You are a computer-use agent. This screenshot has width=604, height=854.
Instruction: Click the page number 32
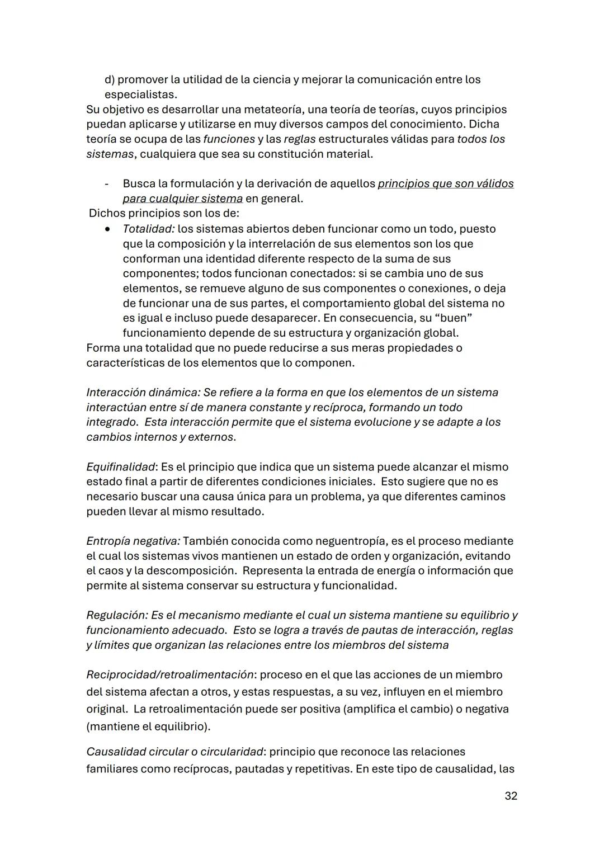click(x=511, y=795)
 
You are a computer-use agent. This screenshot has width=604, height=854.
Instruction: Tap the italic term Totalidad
click(x=148, y=229)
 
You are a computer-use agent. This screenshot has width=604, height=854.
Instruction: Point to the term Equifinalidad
click(x=120, y=466)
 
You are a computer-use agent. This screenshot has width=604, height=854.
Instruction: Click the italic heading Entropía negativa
click(x=133, y=541)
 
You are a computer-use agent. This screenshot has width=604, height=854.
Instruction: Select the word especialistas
click(x=140, y=95)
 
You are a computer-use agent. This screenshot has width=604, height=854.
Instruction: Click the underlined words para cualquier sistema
click(x=182, y=199)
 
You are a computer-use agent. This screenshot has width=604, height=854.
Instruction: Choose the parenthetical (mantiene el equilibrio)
click(x=148, y=727)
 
